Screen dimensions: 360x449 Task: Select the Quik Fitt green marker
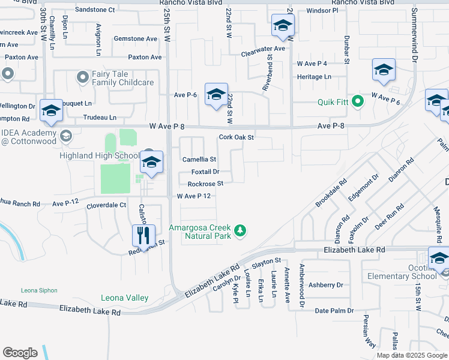click(x=358, y=101)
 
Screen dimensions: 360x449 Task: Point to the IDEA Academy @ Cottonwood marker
click(x=65, y=136)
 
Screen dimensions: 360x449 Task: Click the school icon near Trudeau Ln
click(x=52, y=111)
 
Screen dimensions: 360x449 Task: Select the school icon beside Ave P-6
click(x=216, y=94)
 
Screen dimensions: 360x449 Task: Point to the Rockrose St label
click(x=205, y=184)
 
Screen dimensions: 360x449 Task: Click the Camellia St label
click(x=199, y=160)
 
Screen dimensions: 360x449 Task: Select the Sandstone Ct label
click(x=95, y=10)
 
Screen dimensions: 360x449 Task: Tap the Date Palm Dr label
click(x=330, y=311)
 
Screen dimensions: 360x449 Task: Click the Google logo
click(x=20, y=353)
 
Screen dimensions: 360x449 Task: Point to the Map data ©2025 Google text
click(x=412, y=355)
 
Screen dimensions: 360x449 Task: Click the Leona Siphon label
click(x=37, y=290)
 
